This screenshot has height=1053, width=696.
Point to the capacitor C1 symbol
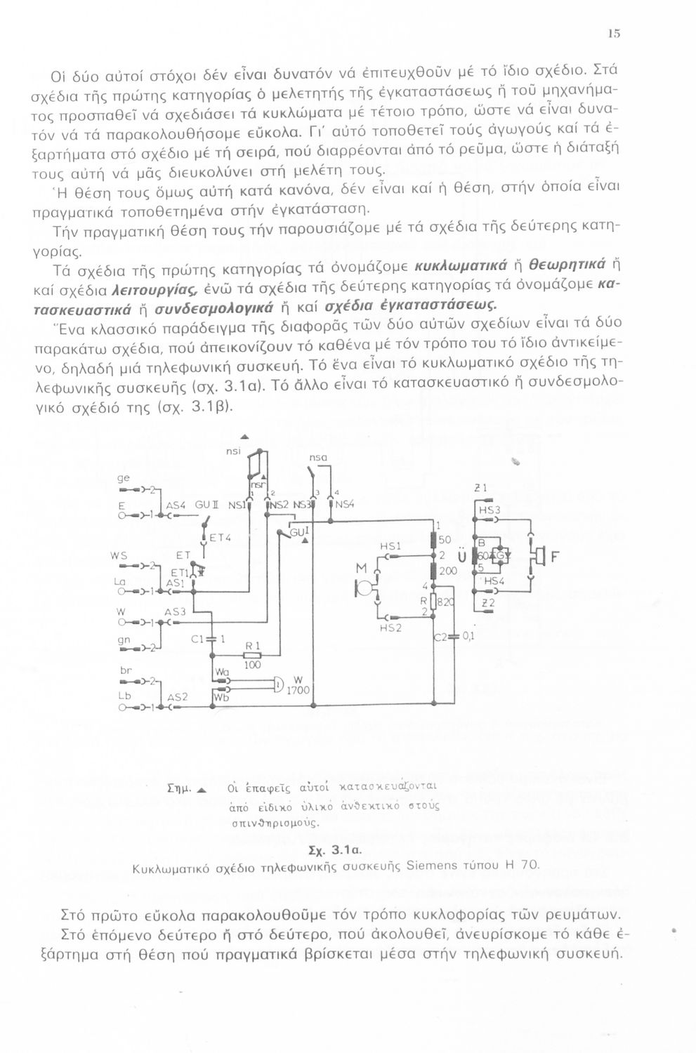point(211,640)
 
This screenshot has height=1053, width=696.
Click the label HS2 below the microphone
point(390,628)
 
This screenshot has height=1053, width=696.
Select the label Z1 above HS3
point(481,488)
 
